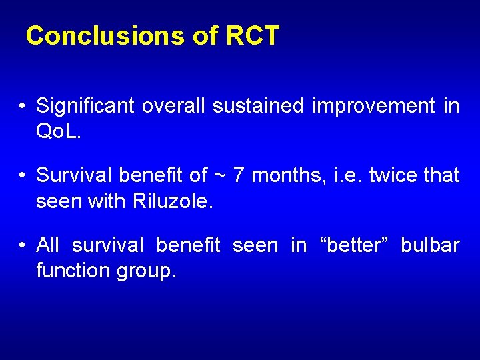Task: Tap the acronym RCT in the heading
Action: coord(252,36)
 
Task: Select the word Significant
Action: coord(86,106)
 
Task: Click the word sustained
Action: coord(258,106)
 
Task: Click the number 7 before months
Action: coord(239,175)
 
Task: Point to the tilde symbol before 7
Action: coord(221,176)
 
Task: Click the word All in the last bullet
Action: coord(48,245)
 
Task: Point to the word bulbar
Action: coord(430,245)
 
